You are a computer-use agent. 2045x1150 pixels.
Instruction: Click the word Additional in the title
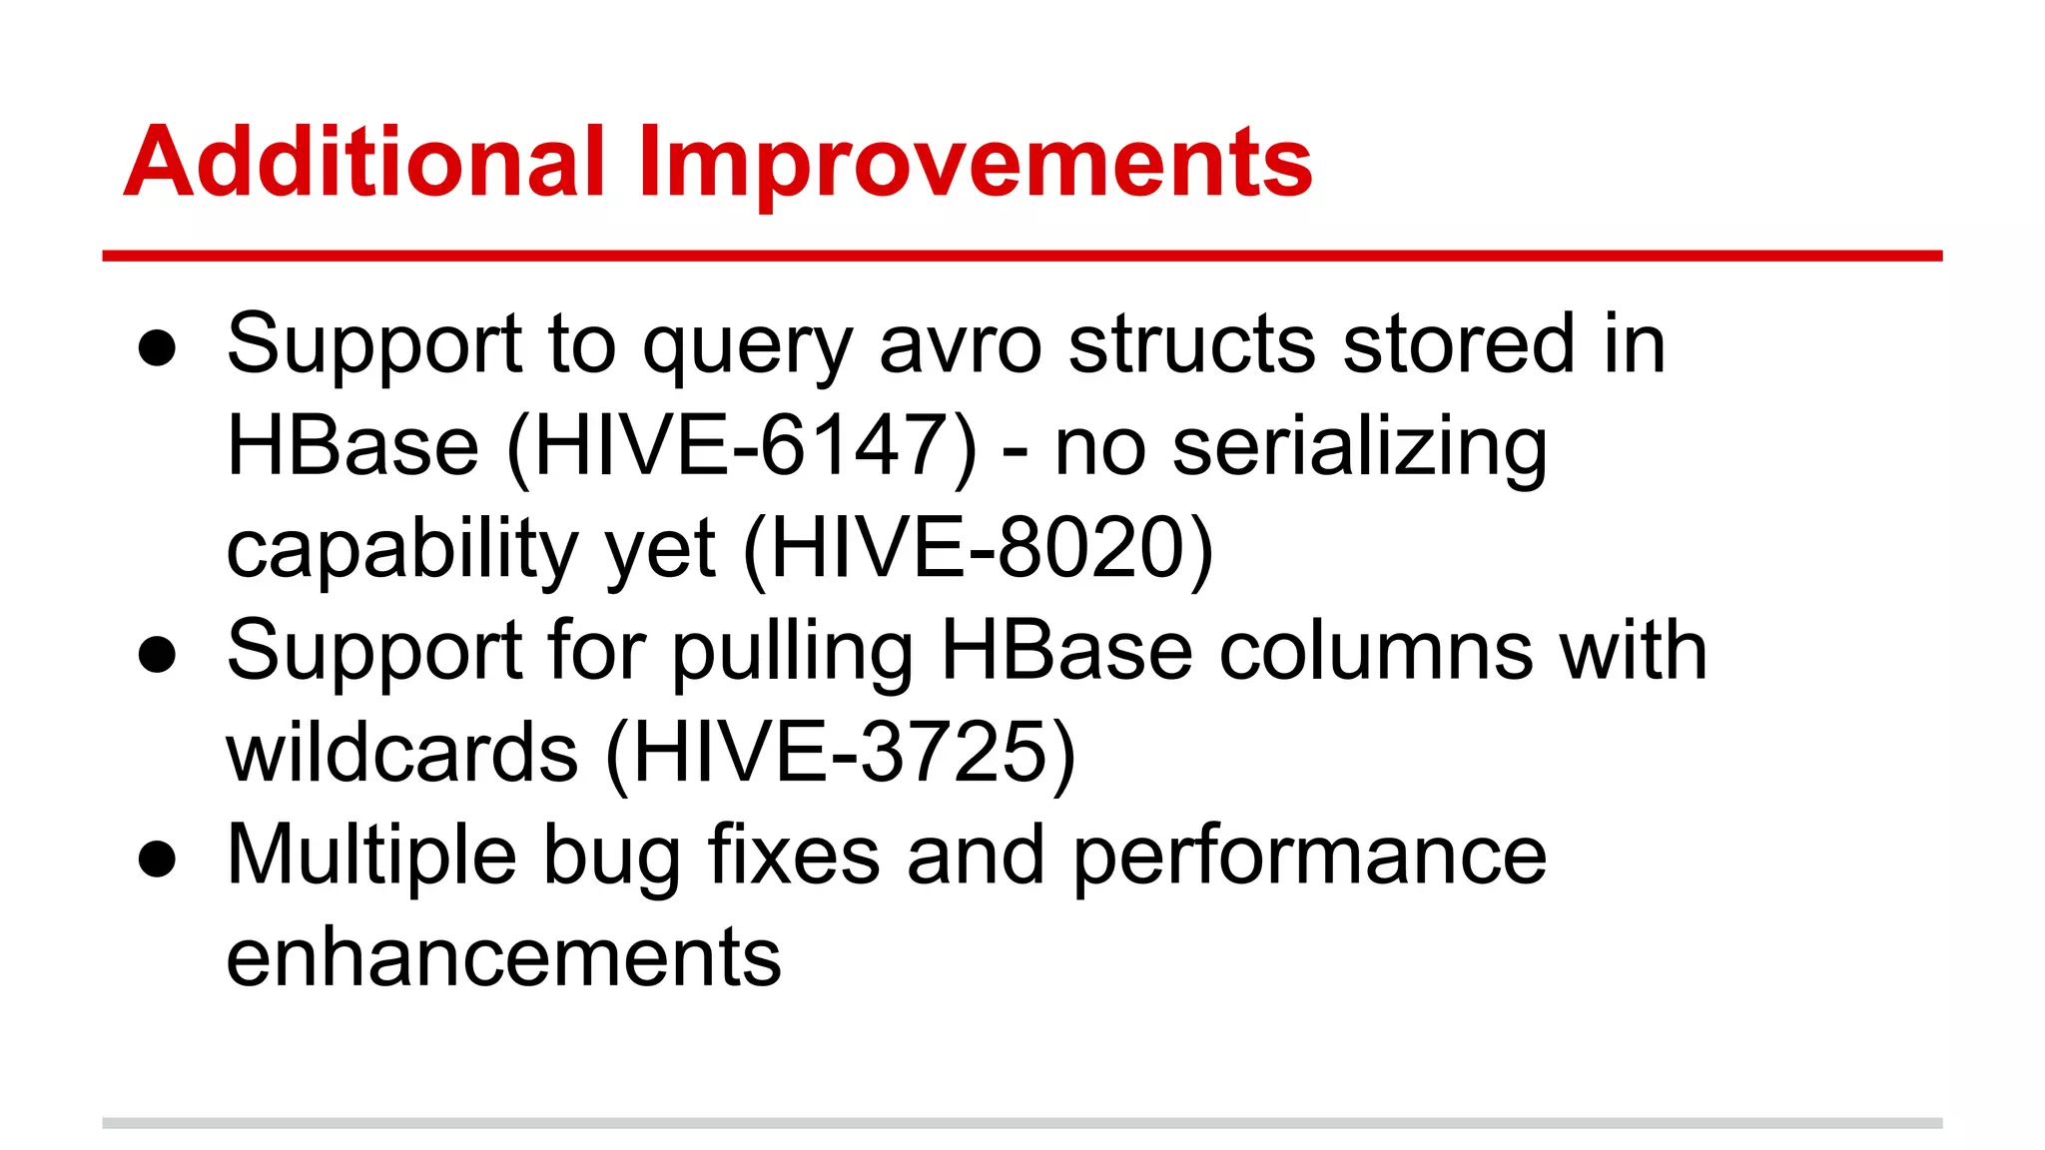[x=364, y=163]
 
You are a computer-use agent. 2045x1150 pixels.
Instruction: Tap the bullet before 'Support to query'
[x=158, y=349]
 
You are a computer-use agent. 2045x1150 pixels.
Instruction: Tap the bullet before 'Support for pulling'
[x=158, y=656]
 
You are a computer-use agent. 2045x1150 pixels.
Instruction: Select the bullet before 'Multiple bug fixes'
[x=158, y=860]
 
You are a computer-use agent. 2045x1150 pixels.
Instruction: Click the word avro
[x=960, y=345]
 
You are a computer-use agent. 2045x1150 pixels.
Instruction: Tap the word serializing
[x=1359, y=449]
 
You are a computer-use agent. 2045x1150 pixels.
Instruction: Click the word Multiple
[x=371, y=857]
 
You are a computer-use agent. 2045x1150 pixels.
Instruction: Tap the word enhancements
[x=503, y=958]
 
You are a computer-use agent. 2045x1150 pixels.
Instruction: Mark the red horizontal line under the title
[x=1022, y=257]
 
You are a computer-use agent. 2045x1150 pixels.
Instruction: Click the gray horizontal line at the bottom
[x=1022, y=1123]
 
